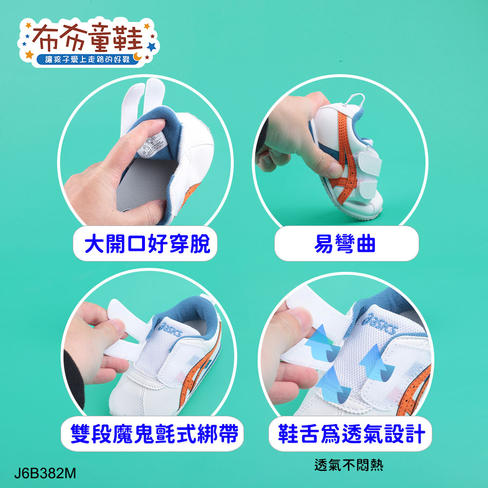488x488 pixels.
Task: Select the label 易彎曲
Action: (x=346, y=243)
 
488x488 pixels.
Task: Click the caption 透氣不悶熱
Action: (x=349, y=465)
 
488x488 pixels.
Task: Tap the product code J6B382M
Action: (x=45, y=473)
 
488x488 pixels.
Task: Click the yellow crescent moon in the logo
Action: (x=139, y=57)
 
